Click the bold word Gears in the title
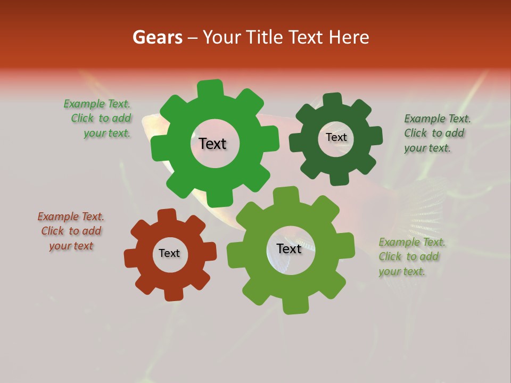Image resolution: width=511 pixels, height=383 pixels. pos(157,37)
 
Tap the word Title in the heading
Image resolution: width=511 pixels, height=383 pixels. pos(265,37)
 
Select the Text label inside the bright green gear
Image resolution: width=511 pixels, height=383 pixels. pos(212,144)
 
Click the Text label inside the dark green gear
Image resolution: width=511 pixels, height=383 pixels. pos(336,137)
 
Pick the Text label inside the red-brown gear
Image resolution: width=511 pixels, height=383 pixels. pos(169,253)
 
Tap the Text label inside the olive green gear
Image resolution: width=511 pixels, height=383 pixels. pos(289,248)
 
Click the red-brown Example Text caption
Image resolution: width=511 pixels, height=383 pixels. pos(71,231)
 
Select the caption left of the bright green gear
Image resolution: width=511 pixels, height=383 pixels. pos(98,119)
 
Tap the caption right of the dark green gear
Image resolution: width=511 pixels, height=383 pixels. pos(436,133)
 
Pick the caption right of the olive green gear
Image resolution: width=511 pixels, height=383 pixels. pos(411,256)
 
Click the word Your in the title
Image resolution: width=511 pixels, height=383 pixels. pos(222,37)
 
